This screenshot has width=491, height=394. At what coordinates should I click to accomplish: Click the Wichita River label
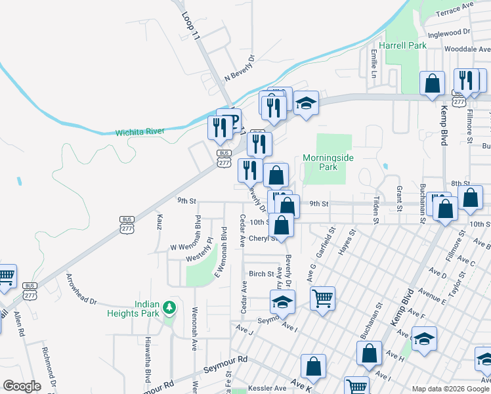[x=140, y=132]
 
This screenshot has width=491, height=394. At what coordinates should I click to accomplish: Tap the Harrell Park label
[x=406, y=45]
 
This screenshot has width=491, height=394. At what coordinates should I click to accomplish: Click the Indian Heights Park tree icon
[x=169, y=307]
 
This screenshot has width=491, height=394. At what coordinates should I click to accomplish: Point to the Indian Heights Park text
[x=138, y=309]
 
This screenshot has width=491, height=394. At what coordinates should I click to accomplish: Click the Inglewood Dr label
[x=449, y=32]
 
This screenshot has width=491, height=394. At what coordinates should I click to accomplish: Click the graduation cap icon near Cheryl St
[x=282, y=301]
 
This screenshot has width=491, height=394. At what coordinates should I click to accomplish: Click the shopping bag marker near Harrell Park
[x=433, y=83]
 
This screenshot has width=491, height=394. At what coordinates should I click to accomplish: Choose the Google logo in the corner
[x=22, y=386]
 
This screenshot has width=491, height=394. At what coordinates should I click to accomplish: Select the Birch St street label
[x=261, y=274]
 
